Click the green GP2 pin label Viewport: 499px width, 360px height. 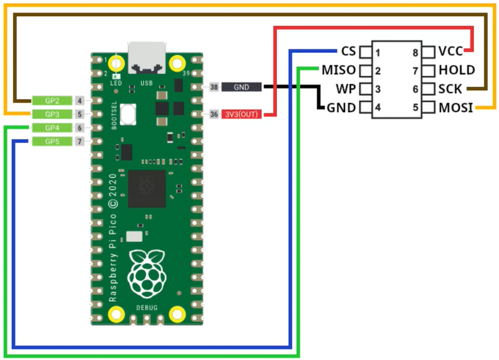coord(52,101)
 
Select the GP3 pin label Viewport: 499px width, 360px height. coord(52,114)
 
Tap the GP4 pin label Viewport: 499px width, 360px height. coord(52,128)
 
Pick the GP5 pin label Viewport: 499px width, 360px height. coord(52,141)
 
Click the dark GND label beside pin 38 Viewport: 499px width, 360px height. coord(242,87)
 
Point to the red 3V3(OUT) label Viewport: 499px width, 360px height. coord(242,114)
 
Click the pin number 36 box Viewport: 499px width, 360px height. coord(214,114)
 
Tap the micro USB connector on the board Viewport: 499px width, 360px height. coord(147,58)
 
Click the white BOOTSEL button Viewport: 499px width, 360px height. coord(128,114)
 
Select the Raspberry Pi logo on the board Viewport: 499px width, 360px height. coord(147,274)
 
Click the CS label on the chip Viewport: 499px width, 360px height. coord(348,51)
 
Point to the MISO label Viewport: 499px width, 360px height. coord(339,70)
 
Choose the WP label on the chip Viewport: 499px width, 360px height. coord(346,89)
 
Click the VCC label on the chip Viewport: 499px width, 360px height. coord(451,51)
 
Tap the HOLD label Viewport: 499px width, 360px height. coord(457,70)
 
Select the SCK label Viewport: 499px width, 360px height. coord(450,89)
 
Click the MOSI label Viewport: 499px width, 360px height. coord(456,108)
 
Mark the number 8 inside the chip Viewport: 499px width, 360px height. coord(415,53)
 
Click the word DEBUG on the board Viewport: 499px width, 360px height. coord(147,308)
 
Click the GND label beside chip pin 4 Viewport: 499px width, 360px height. coord(341,108)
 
